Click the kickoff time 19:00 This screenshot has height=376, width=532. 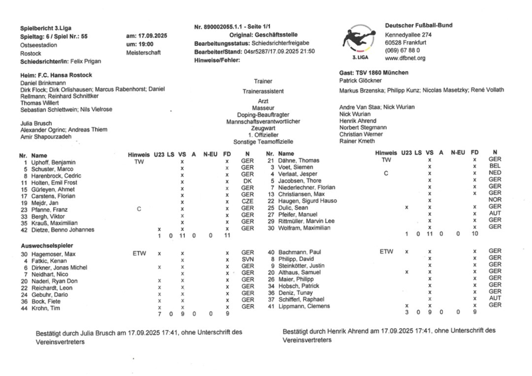pos(136,43)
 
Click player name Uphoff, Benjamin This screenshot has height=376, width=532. pos(54,162)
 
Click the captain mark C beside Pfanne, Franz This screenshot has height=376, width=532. pos(139,208)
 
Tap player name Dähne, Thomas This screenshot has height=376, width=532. pos(298,160)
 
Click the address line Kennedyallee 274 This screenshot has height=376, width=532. pos(408,34)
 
